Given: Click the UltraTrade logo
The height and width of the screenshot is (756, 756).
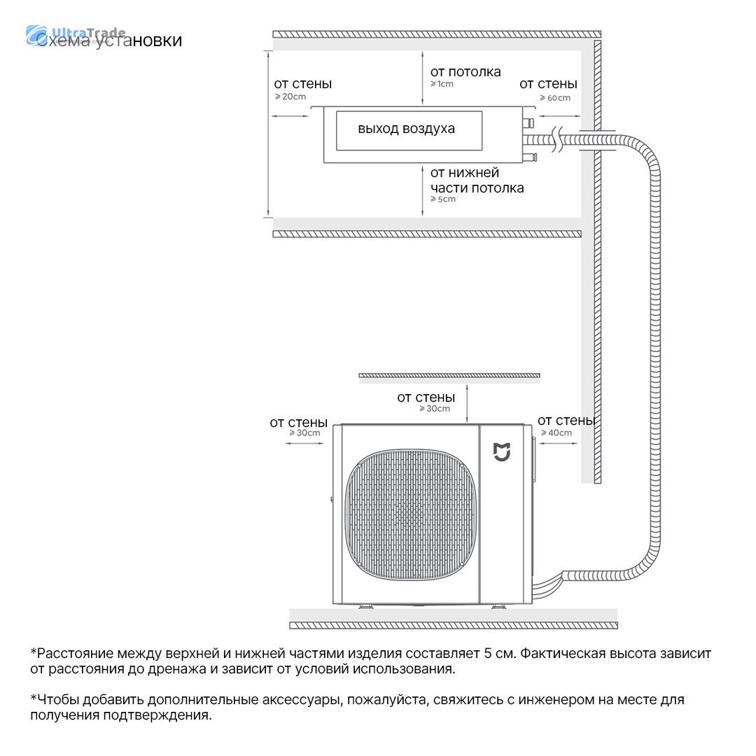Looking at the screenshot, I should (76, 35).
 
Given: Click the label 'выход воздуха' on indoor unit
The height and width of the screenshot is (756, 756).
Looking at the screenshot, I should (406, 129).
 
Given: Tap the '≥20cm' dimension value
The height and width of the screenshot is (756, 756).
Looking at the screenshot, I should (290, 97).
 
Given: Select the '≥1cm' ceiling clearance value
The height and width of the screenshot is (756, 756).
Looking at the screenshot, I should (442, 84).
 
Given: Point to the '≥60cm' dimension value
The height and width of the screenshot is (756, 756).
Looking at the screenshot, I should (554, 98).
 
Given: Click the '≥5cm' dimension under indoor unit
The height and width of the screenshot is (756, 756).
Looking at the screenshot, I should (443, 199).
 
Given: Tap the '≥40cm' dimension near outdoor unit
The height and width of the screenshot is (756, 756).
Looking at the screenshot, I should (556, 433).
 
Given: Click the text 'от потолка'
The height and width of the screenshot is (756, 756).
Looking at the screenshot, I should (465, 72).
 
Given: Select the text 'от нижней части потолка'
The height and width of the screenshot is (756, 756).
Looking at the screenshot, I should (476, 181).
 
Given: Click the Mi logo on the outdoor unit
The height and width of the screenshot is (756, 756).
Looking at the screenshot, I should (502, 452).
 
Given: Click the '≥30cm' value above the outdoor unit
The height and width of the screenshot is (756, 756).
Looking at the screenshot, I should (434, 409).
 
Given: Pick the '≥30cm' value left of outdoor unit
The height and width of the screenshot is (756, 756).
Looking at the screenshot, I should (304, 433).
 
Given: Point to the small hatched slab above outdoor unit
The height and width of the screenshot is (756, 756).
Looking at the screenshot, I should (449, 377).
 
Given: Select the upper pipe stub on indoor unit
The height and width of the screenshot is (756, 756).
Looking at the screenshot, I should (530, 123).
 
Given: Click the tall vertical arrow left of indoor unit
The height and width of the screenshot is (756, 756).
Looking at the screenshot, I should (268, 133).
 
